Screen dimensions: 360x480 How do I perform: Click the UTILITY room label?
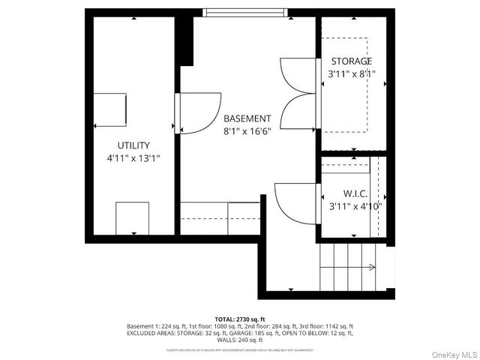point(133,145)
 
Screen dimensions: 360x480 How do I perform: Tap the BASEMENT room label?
point(247,118)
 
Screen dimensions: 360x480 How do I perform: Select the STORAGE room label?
point(352,61)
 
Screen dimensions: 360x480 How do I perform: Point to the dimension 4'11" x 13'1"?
point(133,158)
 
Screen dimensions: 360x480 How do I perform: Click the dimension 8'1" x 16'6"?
point(247,131)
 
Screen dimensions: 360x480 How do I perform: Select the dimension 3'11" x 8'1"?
point(352,74)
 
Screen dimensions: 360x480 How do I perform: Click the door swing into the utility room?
point(199,112)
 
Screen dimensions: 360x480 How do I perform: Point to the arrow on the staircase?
point(372,267)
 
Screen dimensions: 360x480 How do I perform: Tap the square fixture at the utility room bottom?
point(132,218)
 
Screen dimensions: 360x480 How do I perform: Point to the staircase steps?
point(346,266)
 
